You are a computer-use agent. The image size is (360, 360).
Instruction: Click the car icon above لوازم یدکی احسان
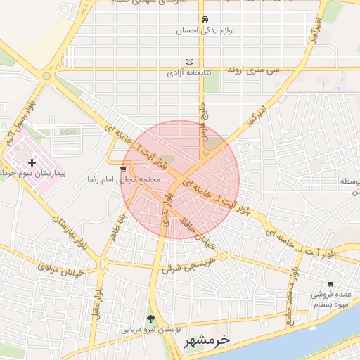[x=204, y=19]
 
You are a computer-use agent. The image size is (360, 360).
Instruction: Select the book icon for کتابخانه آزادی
[x=188, y=61]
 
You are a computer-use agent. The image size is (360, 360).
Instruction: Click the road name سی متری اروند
[x=254, y=71]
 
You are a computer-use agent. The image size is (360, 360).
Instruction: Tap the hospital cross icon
[x=32, y=162]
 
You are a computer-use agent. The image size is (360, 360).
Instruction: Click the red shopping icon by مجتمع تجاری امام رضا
[x=124, y=169]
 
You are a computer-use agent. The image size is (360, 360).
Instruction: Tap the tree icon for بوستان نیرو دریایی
[x=150, y=319]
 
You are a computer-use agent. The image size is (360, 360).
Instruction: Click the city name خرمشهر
[x=207, y=340]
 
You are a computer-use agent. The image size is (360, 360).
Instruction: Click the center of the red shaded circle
[x=180, y=179]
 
